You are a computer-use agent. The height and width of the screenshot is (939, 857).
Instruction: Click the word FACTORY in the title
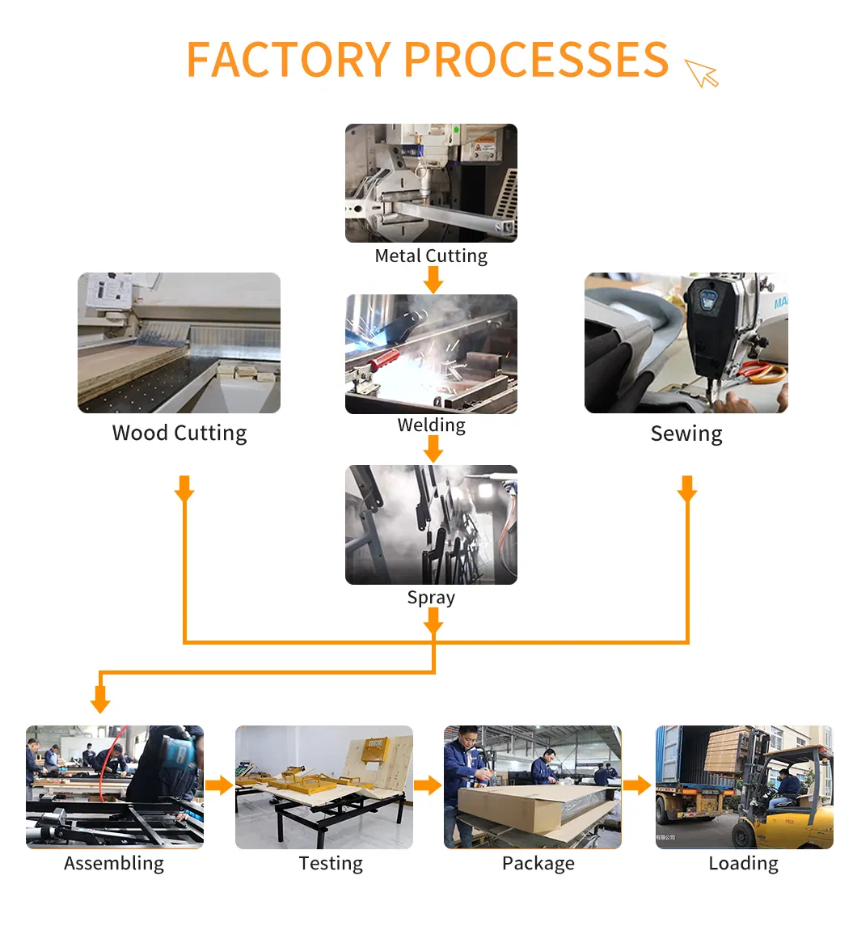point(288,60)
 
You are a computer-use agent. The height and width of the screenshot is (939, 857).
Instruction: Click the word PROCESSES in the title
point(535,60)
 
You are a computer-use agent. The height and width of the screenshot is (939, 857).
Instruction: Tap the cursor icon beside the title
point(701,73)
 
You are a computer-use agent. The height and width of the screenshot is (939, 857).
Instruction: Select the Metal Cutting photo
point(431,183)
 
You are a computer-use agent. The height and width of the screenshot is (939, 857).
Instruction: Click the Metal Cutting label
point(431,256)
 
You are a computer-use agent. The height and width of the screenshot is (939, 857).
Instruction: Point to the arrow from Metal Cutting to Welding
point(433,280)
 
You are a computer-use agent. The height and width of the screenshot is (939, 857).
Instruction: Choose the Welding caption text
point(431,425)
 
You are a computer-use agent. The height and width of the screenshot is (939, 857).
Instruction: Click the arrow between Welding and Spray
point(433,450)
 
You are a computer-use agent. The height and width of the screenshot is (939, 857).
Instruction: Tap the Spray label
point(431,598)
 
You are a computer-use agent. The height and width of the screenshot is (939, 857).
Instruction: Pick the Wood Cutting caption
point(179,434)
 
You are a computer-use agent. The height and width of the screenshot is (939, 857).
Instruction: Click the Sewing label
point(686,434)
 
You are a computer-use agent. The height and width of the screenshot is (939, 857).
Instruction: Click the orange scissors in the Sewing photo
point(762,373)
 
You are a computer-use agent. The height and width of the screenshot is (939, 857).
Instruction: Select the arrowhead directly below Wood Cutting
point(184,490)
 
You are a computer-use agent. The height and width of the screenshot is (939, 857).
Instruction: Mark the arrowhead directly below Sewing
point(687,490)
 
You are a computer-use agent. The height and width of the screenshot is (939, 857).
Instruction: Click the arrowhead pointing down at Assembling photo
point(100,700)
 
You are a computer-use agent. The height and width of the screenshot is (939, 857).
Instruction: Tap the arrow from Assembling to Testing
point(219,785)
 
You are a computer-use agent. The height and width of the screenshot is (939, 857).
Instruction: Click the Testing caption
point(331,864)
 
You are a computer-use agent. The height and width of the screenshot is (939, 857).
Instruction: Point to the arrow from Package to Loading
point(637,785)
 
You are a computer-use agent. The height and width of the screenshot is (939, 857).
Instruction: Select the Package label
point(538,864)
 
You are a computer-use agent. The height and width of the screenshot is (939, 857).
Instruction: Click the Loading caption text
point(743,864)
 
